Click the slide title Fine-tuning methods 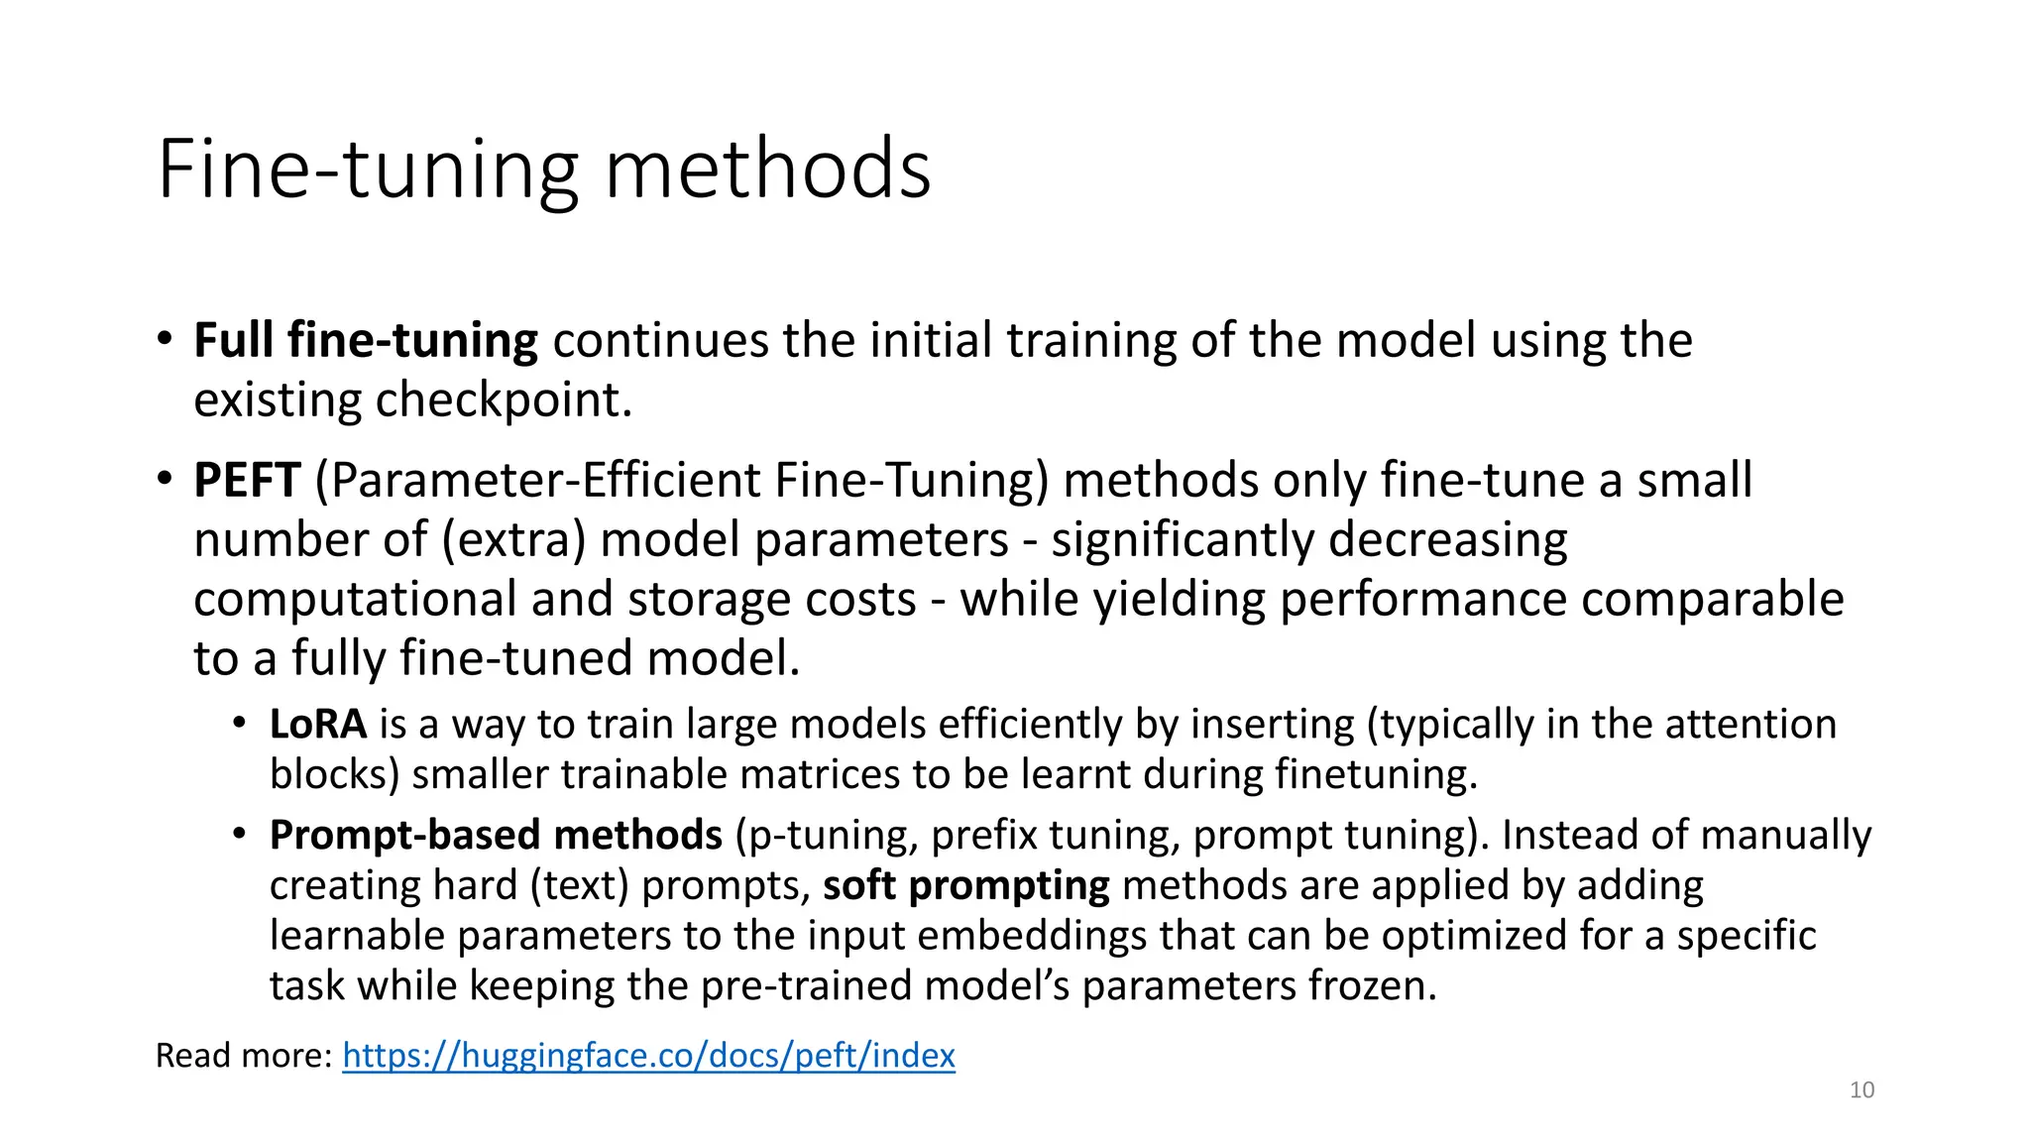544,170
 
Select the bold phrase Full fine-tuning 366,341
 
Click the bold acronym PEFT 247,481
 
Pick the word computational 355,601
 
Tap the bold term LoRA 318,725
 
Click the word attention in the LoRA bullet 1750,725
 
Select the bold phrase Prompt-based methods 496,836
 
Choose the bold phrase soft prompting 966,886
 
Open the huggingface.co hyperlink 648,1056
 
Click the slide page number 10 1861,1090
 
